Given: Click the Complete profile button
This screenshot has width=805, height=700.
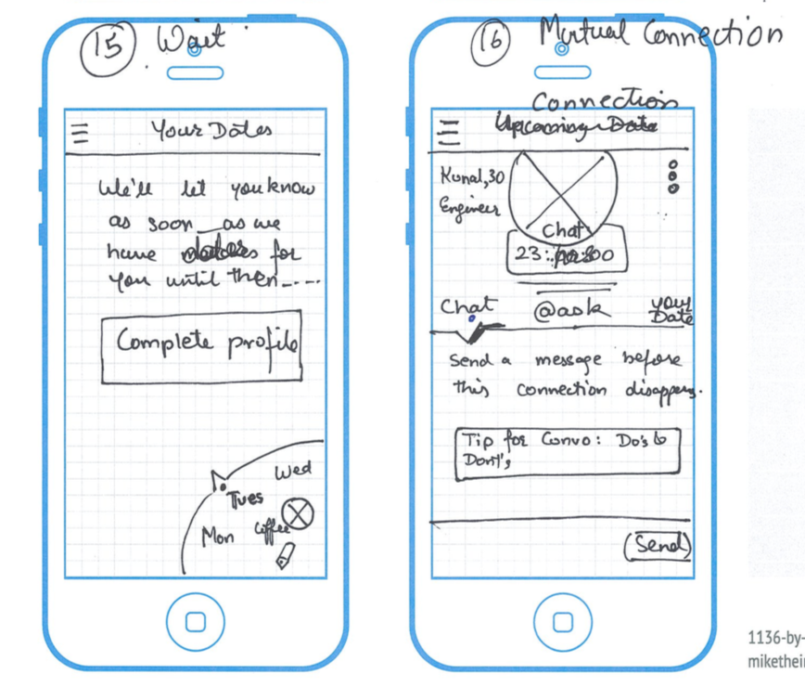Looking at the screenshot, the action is click(201, 347).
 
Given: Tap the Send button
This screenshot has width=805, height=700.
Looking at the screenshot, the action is click(658, 546).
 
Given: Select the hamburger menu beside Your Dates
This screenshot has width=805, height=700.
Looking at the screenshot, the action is click(81, 134).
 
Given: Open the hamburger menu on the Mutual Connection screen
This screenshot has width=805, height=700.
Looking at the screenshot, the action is click(449, 132).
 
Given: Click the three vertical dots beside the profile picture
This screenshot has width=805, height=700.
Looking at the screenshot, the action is click(674, 175).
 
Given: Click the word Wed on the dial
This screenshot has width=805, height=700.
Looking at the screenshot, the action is click(292, 470).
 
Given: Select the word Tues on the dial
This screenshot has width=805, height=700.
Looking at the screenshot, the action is click(246, 498).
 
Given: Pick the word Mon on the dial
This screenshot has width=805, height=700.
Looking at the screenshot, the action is click(218, 537).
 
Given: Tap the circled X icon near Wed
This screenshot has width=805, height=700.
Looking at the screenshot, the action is click(299, 512).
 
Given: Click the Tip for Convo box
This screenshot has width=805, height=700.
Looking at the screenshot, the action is click(567, 451).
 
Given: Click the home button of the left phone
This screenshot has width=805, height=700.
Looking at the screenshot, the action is click(195, 622).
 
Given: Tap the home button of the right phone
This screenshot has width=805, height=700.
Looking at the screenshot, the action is click(560, 622).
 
